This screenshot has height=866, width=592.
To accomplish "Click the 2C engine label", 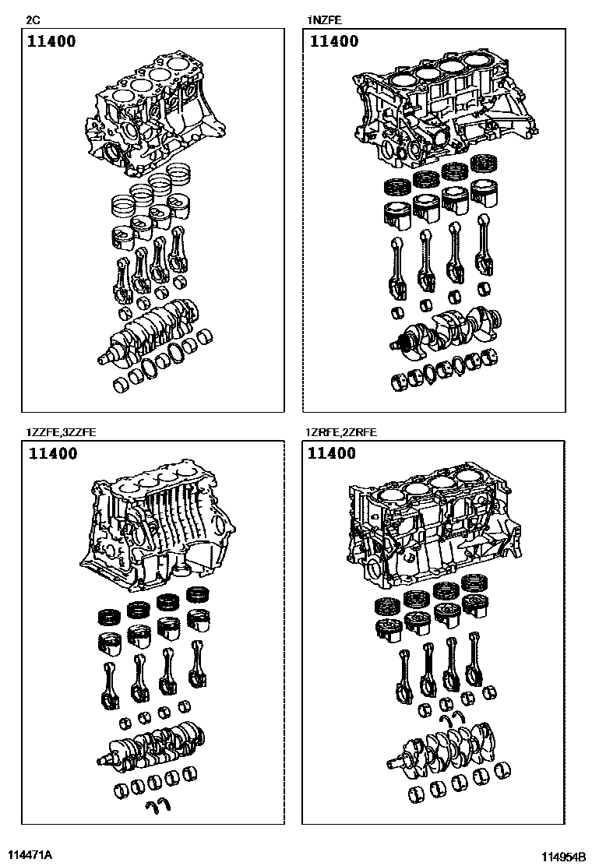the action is click(x=33, y=20).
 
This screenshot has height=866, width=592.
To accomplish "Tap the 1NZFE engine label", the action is click(x=326, y=20).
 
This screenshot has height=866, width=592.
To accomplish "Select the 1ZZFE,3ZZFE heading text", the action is click(x=61, y=432).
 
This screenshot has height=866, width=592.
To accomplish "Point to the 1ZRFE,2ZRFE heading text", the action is click(x=341, y=432).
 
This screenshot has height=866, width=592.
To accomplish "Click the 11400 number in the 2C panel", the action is click(x=52, y=41).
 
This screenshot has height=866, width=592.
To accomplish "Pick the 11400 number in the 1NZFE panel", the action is click(x=334, y=41).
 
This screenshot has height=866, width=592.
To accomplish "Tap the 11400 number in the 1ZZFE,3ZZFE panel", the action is click(x=53, y=453).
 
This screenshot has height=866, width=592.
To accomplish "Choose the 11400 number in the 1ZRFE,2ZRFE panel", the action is click(x=331, y=453).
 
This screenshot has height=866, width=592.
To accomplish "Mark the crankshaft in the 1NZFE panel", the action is click(x=447, y=329).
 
